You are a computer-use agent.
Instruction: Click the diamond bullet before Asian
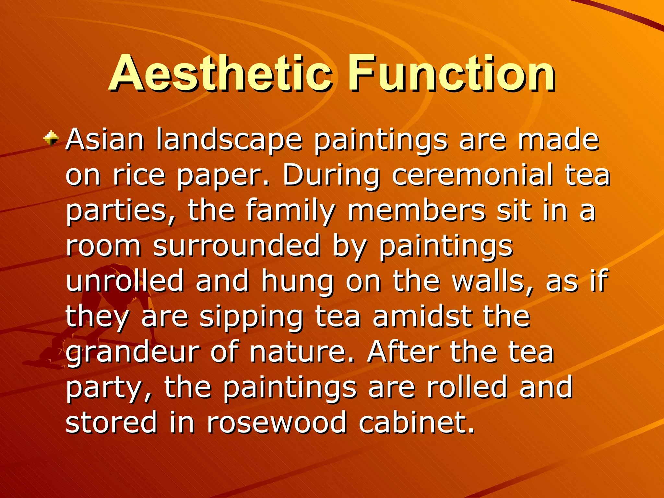pyautogui.click(x=52, y=139)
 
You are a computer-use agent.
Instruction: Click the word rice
pyautogui.click(x=139, y=176)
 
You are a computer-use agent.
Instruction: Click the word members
pyautogui.click(x=416, y=211)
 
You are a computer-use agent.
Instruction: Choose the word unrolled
pyautogui.click(x=125, y=281)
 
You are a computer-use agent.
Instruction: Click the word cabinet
pyautogui.click(x=416, y=422)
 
